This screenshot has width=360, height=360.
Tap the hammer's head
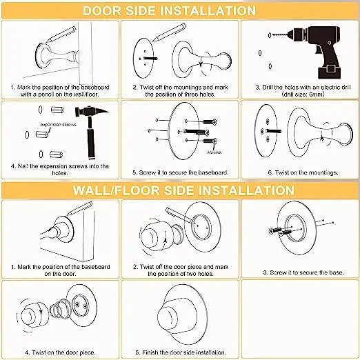[91, 112]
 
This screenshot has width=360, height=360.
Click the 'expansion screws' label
[58, 125]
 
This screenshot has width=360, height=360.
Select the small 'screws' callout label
[214, 152]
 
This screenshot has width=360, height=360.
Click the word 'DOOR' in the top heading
[102, 11]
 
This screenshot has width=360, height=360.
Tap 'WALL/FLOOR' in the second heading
[116, 190]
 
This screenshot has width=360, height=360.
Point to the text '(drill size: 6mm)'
[303, 94]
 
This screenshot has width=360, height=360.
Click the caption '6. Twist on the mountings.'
[303, 172]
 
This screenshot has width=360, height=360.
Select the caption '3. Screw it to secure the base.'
[303, 272]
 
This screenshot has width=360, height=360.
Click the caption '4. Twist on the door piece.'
[60, 352]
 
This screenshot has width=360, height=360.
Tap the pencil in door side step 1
[61, 34]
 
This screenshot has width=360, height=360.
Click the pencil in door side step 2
[169, 32]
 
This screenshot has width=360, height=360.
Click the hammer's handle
[90, 138]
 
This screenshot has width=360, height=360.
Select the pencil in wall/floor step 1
[79, 208]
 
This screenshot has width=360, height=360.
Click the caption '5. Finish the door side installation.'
[181, 352]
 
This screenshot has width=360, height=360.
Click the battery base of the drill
[329, 71]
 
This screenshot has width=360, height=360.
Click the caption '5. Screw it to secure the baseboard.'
[181, 172]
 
